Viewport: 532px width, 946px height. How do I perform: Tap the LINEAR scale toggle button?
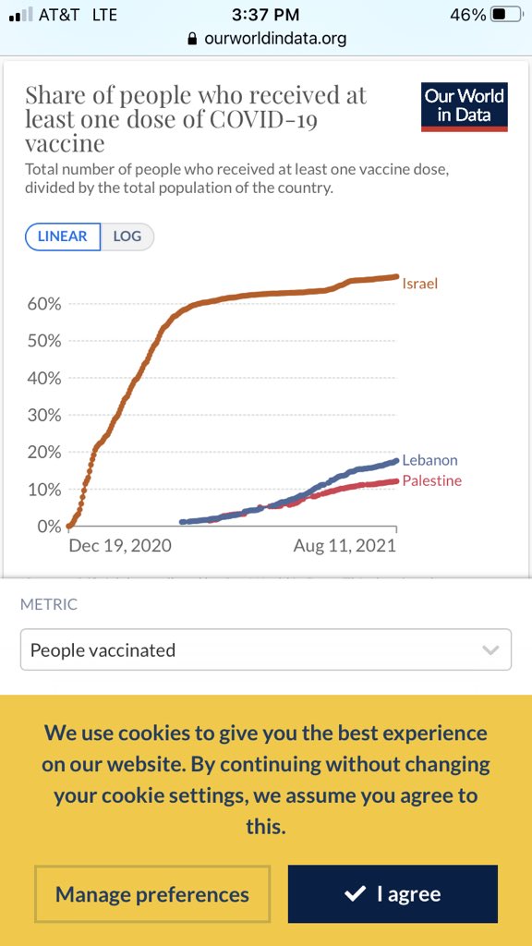tap(63, 236)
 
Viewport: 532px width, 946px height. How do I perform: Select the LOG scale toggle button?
tap(127, 236)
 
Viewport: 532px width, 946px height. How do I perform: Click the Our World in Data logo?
tap(464, 106)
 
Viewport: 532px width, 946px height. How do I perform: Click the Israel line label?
tap(419, 284)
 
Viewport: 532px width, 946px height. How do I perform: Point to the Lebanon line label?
tap(429, 460)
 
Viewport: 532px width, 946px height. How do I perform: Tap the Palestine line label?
tap(431, 480)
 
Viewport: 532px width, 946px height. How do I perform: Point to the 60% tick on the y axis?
tap(43, 304)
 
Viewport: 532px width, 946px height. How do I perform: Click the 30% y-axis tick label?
tap(43, 416)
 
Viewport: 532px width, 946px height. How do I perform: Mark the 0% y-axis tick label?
tap(48, 527)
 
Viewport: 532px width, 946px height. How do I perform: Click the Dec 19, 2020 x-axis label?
tap(120, 546)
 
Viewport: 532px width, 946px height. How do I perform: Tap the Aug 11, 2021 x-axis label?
tap(345, 546)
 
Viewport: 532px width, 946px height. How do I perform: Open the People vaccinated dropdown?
tap(265, 649)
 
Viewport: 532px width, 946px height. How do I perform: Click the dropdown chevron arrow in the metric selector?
tap(490, 650)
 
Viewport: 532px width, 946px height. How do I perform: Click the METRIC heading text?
tap(49, 604)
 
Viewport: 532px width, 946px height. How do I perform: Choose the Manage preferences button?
tap(152, 894)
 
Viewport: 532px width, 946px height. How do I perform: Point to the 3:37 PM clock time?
tap(266, 15)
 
